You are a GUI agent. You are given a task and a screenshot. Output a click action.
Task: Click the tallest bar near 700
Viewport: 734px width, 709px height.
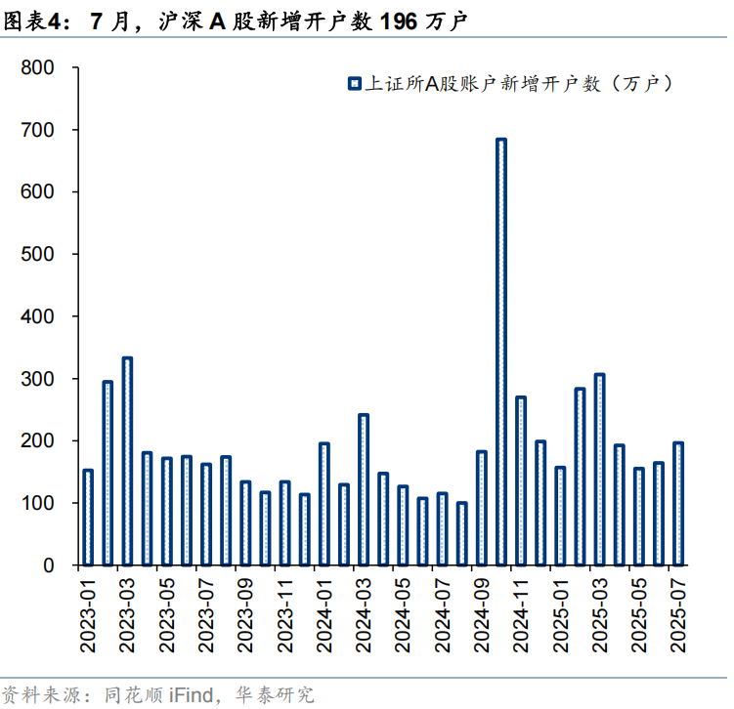(x=500, y=352)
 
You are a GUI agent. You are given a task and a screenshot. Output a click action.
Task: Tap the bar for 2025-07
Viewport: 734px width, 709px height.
(x=678, y=504)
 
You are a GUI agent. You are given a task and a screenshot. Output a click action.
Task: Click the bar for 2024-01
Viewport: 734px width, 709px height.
(x=324, y=504)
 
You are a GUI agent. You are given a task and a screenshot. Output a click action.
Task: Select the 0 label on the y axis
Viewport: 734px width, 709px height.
(x=48, y=565)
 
